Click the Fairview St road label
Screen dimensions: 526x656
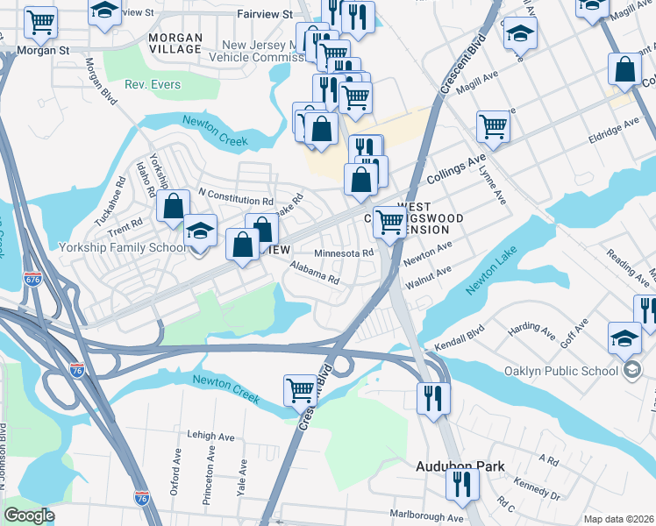coord(265,15)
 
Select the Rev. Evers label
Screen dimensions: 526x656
coord(153,85)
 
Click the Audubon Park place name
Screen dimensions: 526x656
coord(459,466)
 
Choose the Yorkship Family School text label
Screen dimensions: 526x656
coord(122,247)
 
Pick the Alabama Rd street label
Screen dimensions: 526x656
coord(314,273)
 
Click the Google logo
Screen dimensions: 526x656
coord(29,515)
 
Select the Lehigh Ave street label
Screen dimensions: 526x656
coord(212,436)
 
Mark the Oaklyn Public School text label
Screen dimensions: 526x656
coord(567,370)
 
